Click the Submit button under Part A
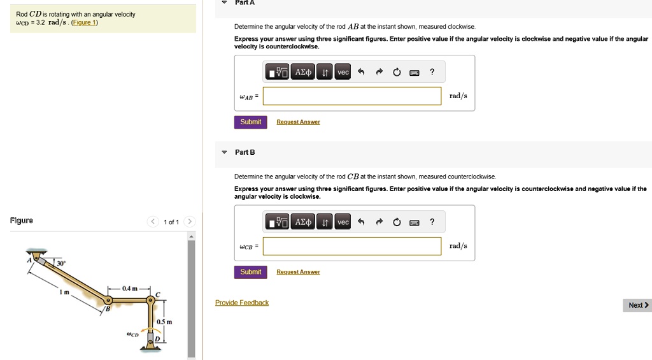[251, 122]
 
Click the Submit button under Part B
[251, 272]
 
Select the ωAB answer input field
[351, 96]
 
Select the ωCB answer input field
[351, 246]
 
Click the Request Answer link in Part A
[298, 122]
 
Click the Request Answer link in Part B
[298, 272]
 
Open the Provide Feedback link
[242, 303]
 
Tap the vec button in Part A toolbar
[343, 73]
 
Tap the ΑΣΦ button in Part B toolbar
[303, 222]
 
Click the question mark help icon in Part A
[432, 72]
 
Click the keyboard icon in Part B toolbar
[414, 222]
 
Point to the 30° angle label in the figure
[61, 263]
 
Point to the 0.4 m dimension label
[129, 289]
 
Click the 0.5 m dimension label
[164, 321]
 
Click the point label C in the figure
[159, 294]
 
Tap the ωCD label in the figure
[133, 334]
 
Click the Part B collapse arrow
[224, 152]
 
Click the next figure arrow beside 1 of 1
[189, 222]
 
